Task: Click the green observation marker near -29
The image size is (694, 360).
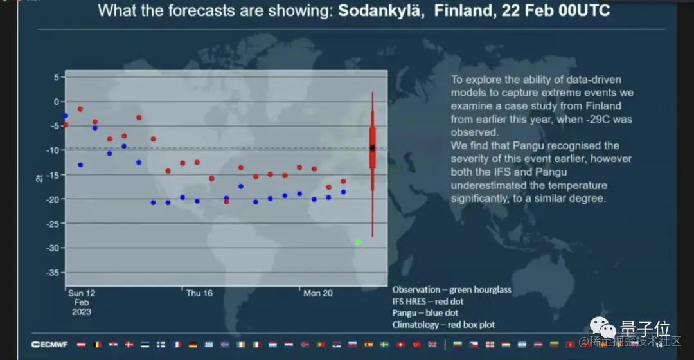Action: click(x=358, y=242)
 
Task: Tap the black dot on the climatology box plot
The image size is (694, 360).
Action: click(x=373, y=148)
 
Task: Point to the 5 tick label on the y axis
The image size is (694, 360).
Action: click(x=57, y=77)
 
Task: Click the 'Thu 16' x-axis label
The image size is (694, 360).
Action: click(x=199, y=293)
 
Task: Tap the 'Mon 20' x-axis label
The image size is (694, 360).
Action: click(x=317, y=293)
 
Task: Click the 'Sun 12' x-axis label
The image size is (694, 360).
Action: click(x=82, y=293)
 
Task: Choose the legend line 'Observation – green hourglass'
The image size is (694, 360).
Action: click(x=452, y=289)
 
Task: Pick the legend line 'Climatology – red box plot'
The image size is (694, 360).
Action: click(x=443, y=325)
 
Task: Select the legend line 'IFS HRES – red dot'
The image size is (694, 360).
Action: click(x=428, y=301)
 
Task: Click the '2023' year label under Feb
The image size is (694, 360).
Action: click(x=82, y=312)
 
